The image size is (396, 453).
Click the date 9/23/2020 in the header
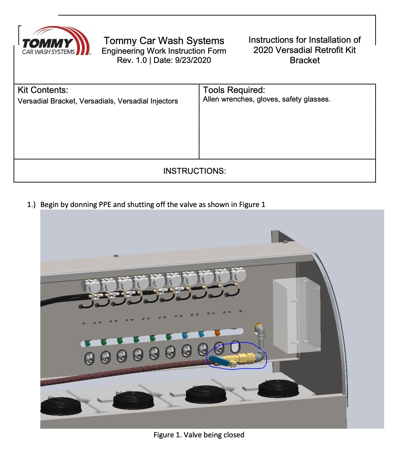pyautogui.click(x=193, y=60)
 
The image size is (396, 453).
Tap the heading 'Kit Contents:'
pyautogui.click(x=43, y=90)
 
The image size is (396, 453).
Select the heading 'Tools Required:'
pyautogui.click(x=234, y=90)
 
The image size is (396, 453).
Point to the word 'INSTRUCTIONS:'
pyautogui.click(x=194, y=171)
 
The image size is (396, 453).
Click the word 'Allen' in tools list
pyautogui.click(x=211, y=99)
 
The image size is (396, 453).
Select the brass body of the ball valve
pyautogui.click(x=240, y=358)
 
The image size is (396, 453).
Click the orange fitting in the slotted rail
pyautogui.click(x=218, y=333)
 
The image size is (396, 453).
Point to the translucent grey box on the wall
pyautogui.click(x=296, y=315)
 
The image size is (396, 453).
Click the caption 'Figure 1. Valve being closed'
pyautogui.click(x=199, y=435)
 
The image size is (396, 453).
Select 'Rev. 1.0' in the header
pyautogui.click(x=132, y=60)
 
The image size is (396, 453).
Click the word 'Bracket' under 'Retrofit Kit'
pyautogui.click(x=305, y=60)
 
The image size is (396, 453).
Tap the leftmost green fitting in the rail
pyautogui.click(x=87, y=343)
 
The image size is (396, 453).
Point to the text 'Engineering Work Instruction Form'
pyautogui.click(x=164, y=51)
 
